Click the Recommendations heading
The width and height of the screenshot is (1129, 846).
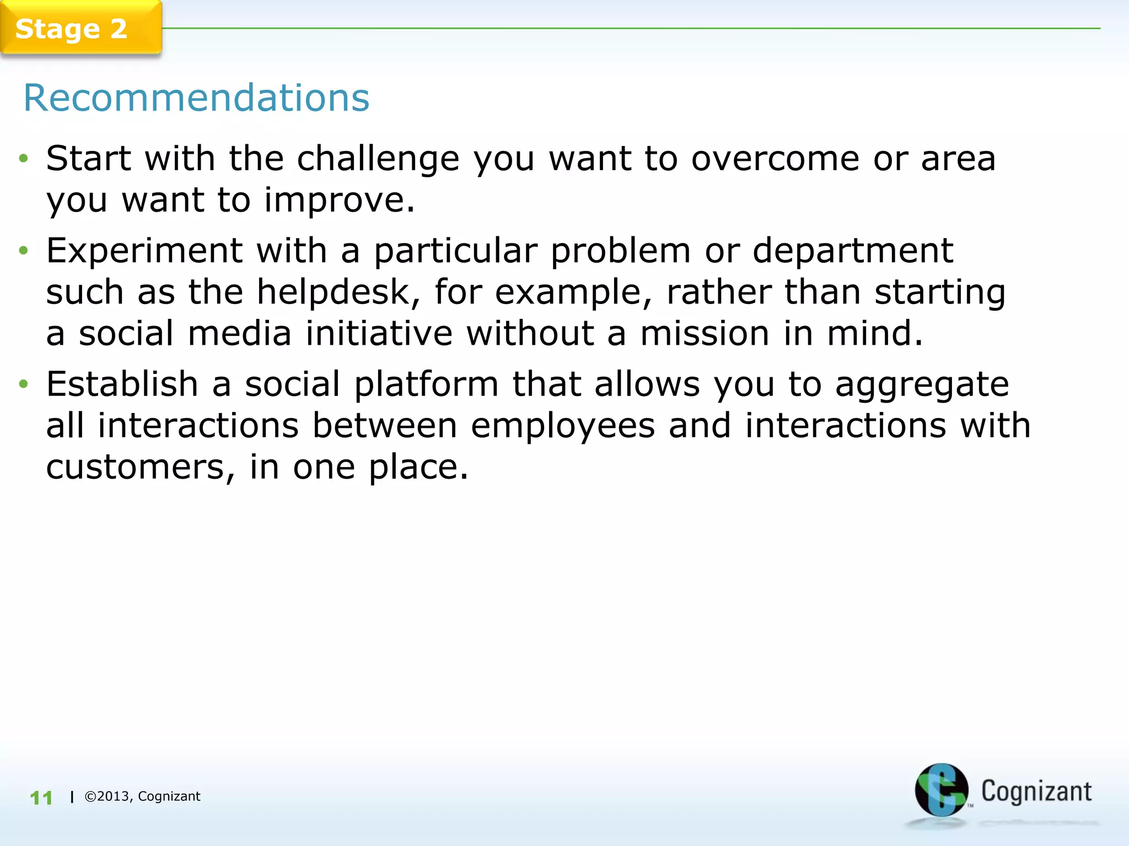(x=196, y=98)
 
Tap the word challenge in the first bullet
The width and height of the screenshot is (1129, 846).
(x=378, y=160)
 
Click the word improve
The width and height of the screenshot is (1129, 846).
(x=338, y=200)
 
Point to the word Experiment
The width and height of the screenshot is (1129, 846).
(x=144, y=251)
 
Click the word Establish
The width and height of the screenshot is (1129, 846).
(x=122, y=384)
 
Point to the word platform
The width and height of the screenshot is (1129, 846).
(x=426, y=384)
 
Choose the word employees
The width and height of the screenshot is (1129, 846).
(x=563, y=426)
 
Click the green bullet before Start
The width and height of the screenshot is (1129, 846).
(x=23, y=159)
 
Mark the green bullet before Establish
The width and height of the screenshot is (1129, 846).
(x=23, y=384)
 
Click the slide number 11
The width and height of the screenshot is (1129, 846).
(x=41, y=798)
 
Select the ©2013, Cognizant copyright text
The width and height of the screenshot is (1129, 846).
(x=142, y=796)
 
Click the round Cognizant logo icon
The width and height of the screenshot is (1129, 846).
(x=941, y=790)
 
